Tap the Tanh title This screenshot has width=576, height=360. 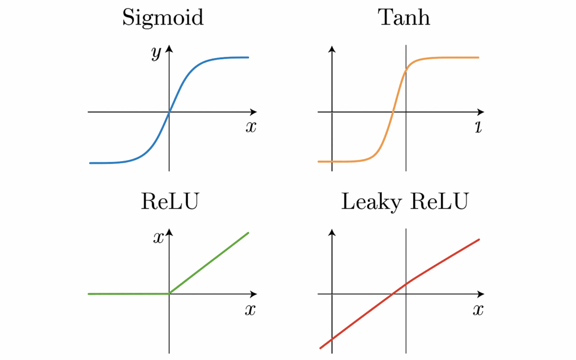(x=404, y=18)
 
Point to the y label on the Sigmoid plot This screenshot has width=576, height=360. (x=156, y=54)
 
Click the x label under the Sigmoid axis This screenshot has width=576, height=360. (x=251, y=127)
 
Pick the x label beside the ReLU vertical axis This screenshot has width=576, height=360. (x=158, y=238)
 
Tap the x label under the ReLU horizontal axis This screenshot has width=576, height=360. (x=250, y=310)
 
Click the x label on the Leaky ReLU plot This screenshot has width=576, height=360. (x=478, y=310)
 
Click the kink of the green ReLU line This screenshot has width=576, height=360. (x=169, y=293)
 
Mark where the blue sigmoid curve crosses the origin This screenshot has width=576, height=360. (x=169, y=112)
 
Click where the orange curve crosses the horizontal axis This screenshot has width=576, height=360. (x=393, y=112)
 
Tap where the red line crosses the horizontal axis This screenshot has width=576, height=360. (x=393, y=294)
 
